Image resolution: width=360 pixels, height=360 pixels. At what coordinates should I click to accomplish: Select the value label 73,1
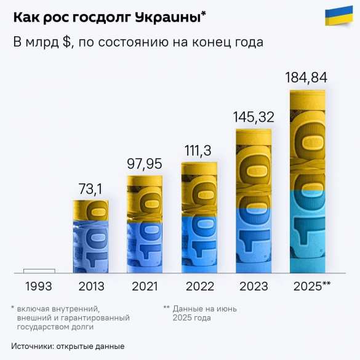point(91,188)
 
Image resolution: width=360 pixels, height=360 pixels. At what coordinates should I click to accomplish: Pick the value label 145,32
point(254,116)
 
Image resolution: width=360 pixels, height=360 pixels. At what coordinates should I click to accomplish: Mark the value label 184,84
point(306,78)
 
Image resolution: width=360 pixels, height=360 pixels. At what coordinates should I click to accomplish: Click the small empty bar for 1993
point(39,271)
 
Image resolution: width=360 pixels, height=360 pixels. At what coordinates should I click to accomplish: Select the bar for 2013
point(91,236)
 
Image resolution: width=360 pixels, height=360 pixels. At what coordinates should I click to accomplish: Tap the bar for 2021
point(145,224)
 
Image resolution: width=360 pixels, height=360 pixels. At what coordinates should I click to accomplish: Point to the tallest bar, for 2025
point(307,182)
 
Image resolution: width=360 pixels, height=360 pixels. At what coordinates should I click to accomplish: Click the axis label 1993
point(38,286)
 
